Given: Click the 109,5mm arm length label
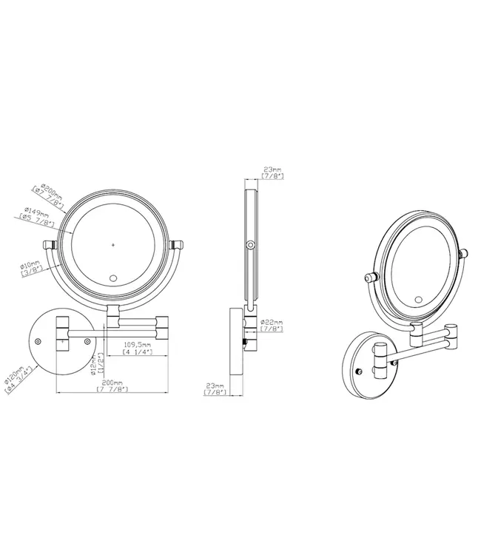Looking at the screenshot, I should (138, 348).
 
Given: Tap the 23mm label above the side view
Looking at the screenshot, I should (272, 173).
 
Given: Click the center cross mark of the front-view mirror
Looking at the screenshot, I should (113, 243).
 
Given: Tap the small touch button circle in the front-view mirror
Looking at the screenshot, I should (113, 279).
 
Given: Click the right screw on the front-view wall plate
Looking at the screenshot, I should (87, 341).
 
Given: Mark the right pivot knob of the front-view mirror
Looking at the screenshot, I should (177, 245).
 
